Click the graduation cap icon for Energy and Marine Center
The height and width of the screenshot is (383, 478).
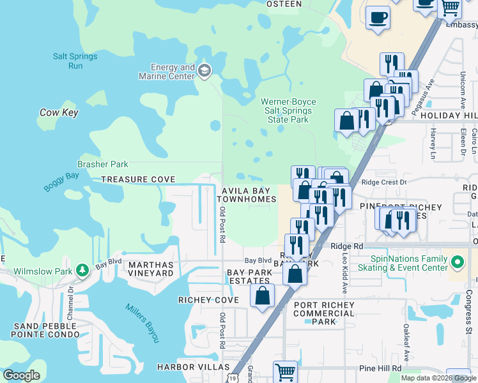[x=204, y=70]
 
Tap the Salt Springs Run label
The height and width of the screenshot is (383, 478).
[x=75, y=61]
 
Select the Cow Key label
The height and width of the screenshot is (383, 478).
[x=59, y=112]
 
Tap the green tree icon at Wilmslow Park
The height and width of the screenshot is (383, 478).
[x=82, y=270]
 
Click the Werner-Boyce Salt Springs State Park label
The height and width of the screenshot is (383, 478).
[x=285, y=110]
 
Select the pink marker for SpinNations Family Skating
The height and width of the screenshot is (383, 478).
[x=458, y=262]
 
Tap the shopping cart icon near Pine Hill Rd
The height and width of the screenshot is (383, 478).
[x=285, y=372]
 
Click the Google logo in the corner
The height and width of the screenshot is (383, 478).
[x=21, y=375]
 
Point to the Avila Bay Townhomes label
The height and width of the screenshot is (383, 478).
[x=249, y=195]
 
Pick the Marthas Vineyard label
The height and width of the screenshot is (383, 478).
[x=151, y=269]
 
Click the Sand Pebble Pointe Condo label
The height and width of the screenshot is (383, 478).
[x=45, y=330]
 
